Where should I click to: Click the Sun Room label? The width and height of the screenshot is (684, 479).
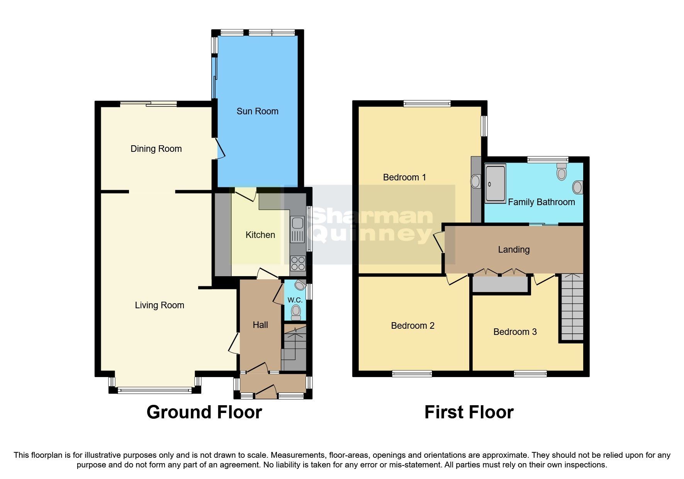(x=257, y=111)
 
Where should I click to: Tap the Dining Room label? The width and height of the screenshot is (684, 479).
(x=156, y=149)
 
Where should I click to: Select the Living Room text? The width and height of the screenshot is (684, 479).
(x=159, y=305)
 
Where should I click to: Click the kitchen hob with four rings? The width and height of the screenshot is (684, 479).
(x=298, y=263)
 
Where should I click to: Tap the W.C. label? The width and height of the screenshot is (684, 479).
(x=295, y=300)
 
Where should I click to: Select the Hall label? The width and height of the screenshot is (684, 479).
(x=260, y=325)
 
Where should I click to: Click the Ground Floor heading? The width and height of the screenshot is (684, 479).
(x=204, y=412)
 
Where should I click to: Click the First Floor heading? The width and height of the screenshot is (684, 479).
(x=468, y=412)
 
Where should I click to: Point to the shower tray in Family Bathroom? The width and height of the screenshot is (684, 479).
(x=495, y=183)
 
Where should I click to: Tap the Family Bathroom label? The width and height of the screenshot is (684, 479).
(x=541, y=202)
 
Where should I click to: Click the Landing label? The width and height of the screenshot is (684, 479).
(x=513, y=250)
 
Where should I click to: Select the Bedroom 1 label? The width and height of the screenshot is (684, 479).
(x=404, y=177)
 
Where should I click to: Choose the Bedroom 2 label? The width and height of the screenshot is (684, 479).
(x=412, y=326)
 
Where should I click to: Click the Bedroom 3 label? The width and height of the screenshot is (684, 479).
(x=515, y=332)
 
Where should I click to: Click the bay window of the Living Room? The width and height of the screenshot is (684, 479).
(x=154, y=390)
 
